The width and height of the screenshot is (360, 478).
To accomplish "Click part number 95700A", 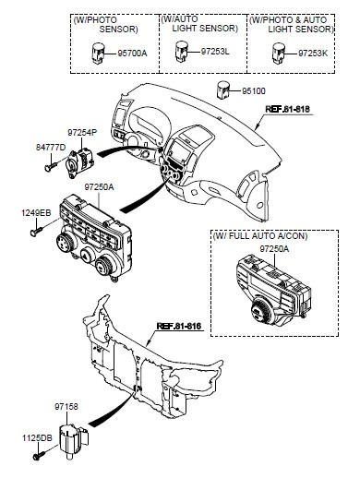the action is pyautogui.click(x=132, y=54).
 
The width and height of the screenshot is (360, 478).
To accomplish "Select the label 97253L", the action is pyautogui.click(x=215, y=52).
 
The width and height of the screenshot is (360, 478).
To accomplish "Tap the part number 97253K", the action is pyautogui.click(x=313, y=54).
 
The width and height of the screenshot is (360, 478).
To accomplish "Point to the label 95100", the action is pyautogui.click(x=254, y=91).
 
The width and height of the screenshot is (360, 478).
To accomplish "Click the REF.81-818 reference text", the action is pyautogui.click(x=287, y=109).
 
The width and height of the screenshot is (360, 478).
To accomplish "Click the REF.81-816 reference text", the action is pyautogui.click(x=179, y=326).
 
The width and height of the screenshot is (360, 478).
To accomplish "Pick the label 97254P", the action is pyautogui.click(x=82, y=133).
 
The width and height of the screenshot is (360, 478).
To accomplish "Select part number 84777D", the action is pyautogui.click(x=51, y=148).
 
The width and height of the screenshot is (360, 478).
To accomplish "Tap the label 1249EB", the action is pyautogui.click(x=36, y=213).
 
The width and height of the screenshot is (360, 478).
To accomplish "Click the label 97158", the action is pyautogui.click(x=66, y=407).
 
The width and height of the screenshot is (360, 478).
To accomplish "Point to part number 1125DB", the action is pyautogui.click(x=37, y=438).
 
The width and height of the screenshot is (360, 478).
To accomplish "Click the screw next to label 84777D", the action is pyautogui.click(x=51, y=166).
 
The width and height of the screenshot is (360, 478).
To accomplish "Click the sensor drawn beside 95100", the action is pyautogui.click(x=223, y=90).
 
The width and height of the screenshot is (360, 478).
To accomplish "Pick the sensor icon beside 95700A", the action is pyautogui.click(x=99, y=53).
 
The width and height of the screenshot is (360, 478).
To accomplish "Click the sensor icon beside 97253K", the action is pyautogui.click(x=279, y=54).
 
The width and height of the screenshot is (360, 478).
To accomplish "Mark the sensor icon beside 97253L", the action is pyautogui.click(x=182, y=51).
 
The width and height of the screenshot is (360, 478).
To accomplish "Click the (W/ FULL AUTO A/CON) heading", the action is pyautogui.click(x=260, y=236).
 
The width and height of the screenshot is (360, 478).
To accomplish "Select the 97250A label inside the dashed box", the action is pyautogui.click(x=274, y=249).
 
